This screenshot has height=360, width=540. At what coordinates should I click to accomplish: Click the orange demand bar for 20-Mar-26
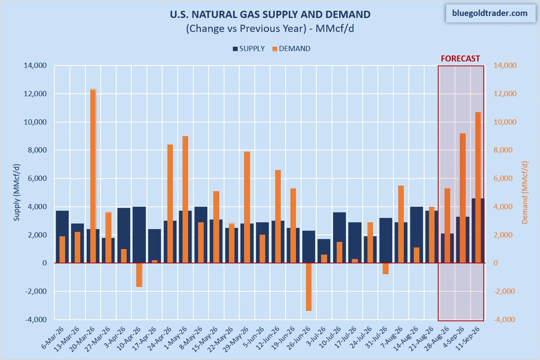point(93,176)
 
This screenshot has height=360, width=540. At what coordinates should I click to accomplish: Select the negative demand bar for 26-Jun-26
point(309,287)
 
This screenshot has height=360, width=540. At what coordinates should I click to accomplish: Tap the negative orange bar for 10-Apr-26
point(139,275)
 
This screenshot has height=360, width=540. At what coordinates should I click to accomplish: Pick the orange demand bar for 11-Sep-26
point(478,188)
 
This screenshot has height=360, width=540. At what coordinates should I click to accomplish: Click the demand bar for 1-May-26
point(185,200)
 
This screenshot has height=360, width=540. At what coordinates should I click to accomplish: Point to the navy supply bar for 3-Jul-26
point(324,251)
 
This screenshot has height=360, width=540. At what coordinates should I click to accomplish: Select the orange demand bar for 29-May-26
point(247,207)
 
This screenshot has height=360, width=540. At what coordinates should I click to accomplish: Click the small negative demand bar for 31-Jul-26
point(386,269)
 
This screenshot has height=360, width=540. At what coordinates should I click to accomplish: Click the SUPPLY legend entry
point(249,49)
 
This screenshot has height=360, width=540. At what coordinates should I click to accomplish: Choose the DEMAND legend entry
point(291,49)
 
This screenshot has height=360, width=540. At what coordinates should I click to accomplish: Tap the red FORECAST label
point(461,59)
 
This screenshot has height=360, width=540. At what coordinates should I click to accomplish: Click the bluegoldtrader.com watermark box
point(490,13)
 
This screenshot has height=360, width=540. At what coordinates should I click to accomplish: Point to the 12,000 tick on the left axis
point(35,94)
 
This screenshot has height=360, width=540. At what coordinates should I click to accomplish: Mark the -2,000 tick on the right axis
point(505,291)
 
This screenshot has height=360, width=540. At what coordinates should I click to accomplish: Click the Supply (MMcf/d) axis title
point(16,192)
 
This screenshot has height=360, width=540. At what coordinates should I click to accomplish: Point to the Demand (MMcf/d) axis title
point(524,192)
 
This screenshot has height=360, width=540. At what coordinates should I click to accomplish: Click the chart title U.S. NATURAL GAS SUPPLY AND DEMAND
point(270,14)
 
